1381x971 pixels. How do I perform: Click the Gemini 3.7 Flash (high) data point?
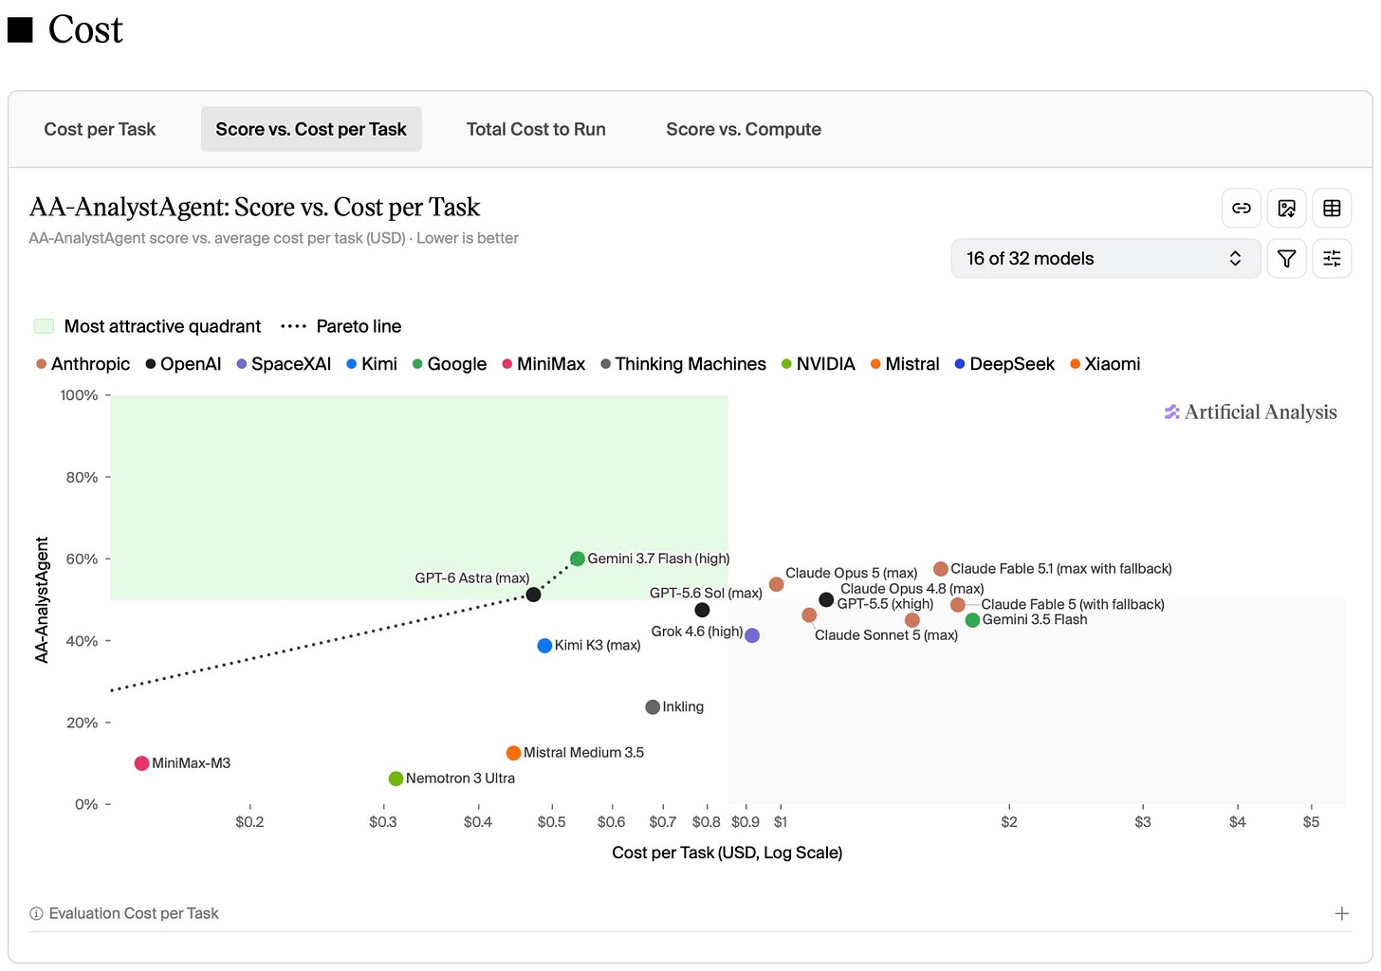[x=577, y=559]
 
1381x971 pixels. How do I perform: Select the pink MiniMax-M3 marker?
[x=142, y=763]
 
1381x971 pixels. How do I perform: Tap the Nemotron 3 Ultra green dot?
[x=396, y=779]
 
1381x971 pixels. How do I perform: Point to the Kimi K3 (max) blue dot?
[x=544, y=646]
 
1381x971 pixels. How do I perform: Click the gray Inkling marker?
[x=653, y=707]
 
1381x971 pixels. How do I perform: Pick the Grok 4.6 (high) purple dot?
[x=751, y=635]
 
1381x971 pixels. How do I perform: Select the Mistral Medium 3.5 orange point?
[x=513, y=753]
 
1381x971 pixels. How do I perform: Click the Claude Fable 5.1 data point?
[x=940, y=568]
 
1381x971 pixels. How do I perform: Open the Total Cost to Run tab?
[x=536, y=129]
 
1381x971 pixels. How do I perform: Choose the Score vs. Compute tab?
[x=743, y=129]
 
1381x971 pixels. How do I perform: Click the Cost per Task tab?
[x=100, y=129]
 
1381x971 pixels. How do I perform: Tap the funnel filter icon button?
[x=1286, y=258]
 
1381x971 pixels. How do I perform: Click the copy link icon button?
[x=1241, y=208]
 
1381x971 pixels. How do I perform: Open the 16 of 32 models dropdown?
[x=1105, y=258]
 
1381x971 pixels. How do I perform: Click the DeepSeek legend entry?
[x=1004, y=364]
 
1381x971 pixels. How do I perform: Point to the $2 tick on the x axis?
[x=1009, y=821]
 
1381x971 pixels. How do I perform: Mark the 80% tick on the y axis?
[x=82, y=477]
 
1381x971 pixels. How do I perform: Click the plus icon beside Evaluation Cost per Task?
[x=1341, y=913]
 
